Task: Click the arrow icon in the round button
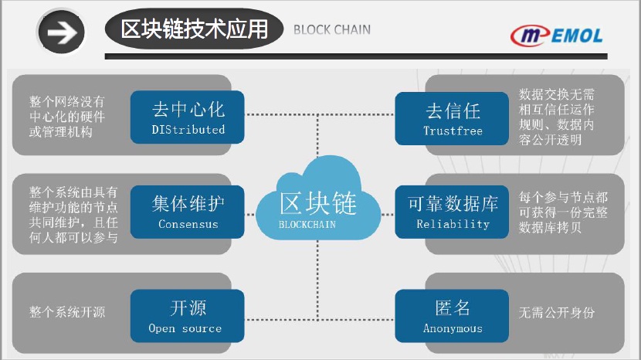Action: tap(62, 32)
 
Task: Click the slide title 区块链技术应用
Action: tap(195, 30)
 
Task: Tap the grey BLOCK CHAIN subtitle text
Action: tap(332, 30)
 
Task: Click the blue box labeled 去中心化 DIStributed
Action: tap(188, 117)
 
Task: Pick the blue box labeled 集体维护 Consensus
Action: tap(188, 211)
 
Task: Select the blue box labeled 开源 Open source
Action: tap(188, 316)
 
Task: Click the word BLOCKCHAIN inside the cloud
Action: tap(317, 224)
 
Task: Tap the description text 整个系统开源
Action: tap(67, 312)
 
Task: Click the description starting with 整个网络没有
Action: tap(67, 117)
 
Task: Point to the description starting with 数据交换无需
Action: tap(557, 117)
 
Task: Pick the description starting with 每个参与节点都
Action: tap(564, 212)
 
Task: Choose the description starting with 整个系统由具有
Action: tap(74, 215)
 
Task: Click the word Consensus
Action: tap(188, 224)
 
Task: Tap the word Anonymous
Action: tap(453, 328)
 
